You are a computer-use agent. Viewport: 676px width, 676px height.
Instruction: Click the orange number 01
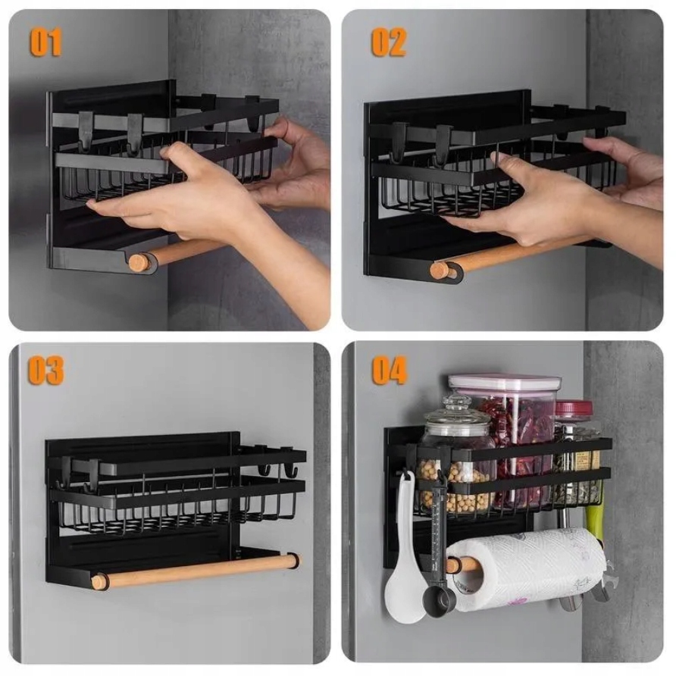(x=45, y=42)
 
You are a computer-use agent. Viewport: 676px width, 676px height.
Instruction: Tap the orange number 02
(x=389, y=42)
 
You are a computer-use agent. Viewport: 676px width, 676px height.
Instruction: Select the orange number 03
(x=45, y=371)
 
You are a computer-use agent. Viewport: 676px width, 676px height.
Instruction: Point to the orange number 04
(x=390, y=371)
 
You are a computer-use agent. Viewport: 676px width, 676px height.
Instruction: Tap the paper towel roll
(x=527, y=569)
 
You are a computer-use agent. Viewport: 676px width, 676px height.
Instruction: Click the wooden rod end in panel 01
(x=138, y=262)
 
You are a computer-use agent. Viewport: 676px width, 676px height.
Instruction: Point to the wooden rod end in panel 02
(x=440, y=271)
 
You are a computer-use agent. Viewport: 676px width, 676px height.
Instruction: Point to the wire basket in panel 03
(x=177, y=505)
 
